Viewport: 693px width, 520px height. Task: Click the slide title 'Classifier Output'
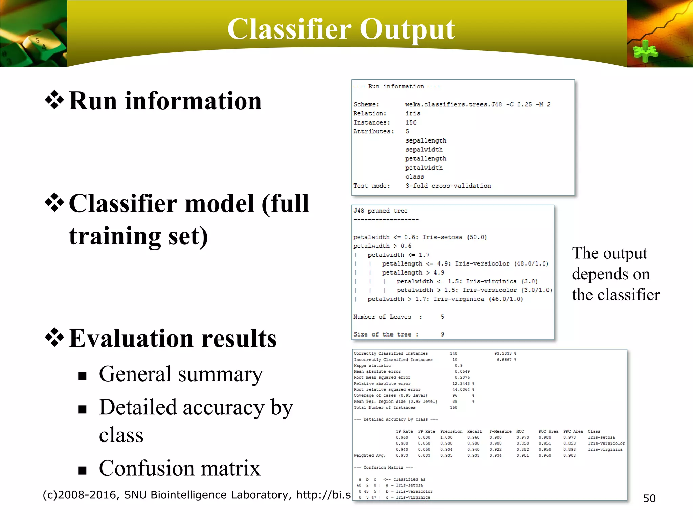click(341, 30)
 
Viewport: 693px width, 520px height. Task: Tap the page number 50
click(649, 498)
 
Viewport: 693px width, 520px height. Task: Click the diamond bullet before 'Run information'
click(54, 101)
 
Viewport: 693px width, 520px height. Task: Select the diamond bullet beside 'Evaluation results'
click(54, 338)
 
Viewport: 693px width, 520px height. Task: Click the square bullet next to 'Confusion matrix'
click(82, 470)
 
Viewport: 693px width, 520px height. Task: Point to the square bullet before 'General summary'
click(82, 376)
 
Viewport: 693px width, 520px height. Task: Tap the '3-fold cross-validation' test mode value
click(448, 186)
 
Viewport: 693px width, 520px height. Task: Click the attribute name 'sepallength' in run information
click(426, 140)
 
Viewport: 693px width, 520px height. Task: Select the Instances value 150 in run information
click(411, 123)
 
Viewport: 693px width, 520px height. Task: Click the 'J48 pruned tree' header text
click(380, 211)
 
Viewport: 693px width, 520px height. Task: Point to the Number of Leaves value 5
click(442, 317)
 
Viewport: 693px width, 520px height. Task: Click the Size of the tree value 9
click(442, 334)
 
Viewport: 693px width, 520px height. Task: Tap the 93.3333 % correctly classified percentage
click(505, 353)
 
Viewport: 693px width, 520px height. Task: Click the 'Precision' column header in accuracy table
click(451, 431)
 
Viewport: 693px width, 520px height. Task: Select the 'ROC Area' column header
click(548, 431)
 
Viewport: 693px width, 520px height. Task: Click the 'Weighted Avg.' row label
click(370, 455)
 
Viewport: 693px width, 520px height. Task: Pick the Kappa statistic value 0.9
click(459, 366)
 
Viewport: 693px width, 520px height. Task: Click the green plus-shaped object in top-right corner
click(646, 51)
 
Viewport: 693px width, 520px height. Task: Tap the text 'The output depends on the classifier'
click(616, 274)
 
